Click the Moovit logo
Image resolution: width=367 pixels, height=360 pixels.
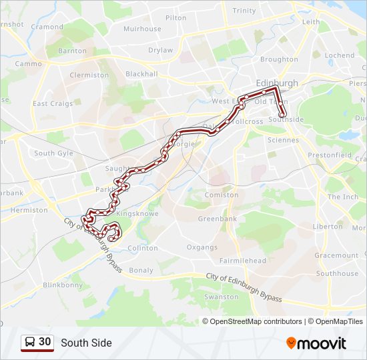pos(316,343)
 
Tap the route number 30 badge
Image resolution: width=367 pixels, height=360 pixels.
pos(37,343)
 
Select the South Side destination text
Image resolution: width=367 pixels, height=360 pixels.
pos(86,343)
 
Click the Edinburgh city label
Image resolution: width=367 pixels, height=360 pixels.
pos(258,83)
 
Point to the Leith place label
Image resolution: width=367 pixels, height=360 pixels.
pos(311,22)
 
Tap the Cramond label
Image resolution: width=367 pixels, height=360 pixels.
pos(47,27)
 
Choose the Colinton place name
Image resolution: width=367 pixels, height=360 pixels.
pos(142,248)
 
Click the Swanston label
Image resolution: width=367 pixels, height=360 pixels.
pos(222,297)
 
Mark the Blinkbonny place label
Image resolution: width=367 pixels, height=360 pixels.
pos(63,285)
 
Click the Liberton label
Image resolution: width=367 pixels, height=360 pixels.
pos(328,227)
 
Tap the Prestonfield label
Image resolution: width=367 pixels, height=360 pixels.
pos(330,155)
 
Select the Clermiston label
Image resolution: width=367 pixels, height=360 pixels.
pos(89,75)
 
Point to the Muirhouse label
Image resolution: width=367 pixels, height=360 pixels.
pos(142,29)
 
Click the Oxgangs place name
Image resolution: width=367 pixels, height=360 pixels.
pos(202,247)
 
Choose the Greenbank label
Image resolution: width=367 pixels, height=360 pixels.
pos(218,219)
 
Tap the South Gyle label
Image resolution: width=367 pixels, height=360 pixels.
pos(54,153)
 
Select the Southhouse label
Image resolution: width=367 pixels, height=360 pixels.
pos(337,273)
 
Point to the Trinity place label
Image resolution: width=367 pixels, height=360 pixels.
pos(244,11)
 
